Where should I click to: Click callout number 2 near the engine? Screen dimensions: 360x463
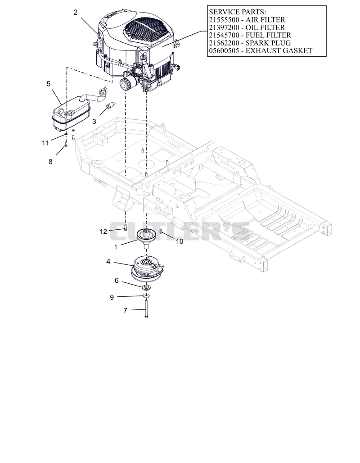click(x=76, y=13)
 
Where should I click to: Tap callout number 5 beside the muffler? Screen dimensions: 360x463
click(x=49, y=84)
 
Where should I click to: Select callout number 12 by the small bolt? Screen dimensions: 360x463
click(x=103, y=231)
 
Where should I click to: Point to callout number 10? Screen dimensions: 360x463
click(x=180, y=241)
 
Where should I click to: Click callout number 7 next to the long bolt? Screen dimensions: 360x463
click(x=126, y=310)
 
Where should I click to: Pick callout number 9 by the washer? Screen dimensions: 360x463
click(x=112, y=297)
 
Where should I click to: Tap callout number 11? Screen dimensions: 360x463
click(x=45, y=143)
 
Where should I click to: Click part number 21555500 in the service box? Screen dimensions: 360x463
click(x=224, y=20)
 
